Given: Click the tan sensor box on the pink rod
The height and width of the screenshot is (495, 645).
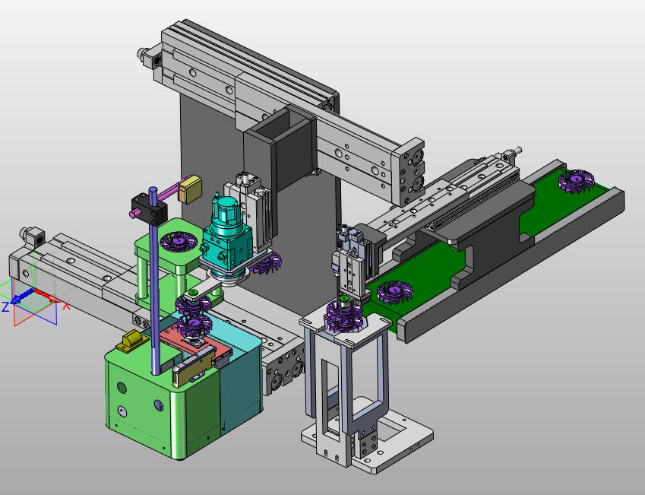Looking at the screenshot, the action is [x=190, y=189].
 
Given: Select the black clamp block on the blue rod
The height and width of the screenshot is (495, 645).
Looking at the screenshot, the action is [x=149, y=209].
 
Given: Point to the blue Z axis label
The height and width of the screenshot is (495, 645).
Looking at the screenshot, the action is [x=5, y=306].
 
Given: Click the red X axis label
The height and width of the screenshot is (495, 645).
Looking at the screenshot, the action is [x=66, y=306].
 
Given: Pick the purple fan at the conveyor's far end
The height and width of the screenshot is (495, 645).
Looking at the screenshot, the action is [x=577, y=181].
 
